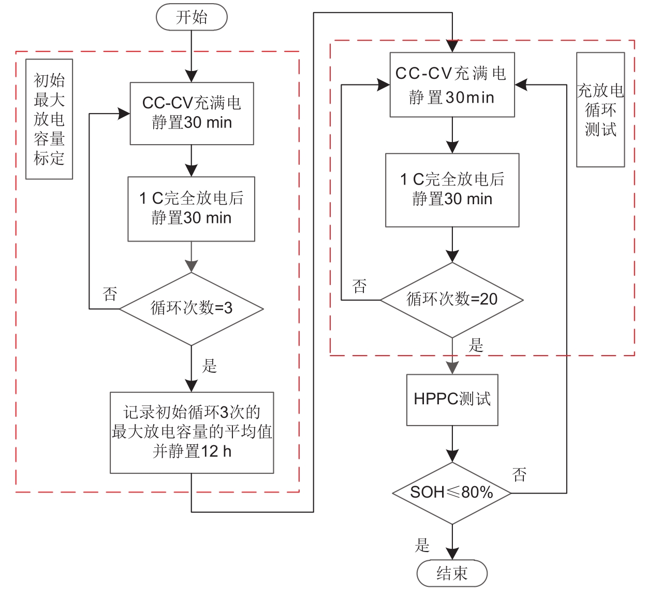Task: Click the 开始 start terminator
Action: [192, 17]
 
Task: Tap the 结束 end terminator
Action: [452, 573]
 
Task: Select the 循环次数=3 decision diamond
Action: [192, 308]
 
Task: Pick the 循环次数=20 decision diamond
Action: [452, 300]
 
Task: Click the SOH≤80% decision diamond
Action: [452, 492]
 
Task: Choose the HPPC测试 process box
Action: [452, 400]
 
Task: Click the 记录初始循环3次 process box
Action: [192, 432]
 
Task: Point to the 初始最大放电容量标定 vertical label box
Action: [49, 119]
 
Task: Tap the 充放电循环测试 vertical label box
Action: [600, 109]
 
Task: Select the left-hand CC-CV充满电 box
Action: [192, 113]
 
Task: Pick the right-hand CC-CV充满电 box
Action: [452, 84]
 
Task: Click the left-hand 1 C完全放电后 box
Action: [192, 208]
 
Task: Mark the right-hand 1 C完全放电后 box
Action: [452, 190]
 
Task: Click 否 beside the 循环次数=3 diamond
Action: [110, 294]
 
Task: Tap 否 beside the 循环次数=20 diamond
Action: [359, 286]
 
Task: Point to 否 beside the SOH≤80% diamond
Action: [519, 474]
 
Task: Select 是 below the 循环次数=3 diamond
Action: [209, 366]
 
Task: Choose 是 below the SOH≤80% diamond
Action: [422, 545]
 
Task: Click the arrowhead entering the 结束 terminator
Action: [452, 554]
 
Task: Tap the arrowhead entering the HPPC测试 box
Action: [452, 368]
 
